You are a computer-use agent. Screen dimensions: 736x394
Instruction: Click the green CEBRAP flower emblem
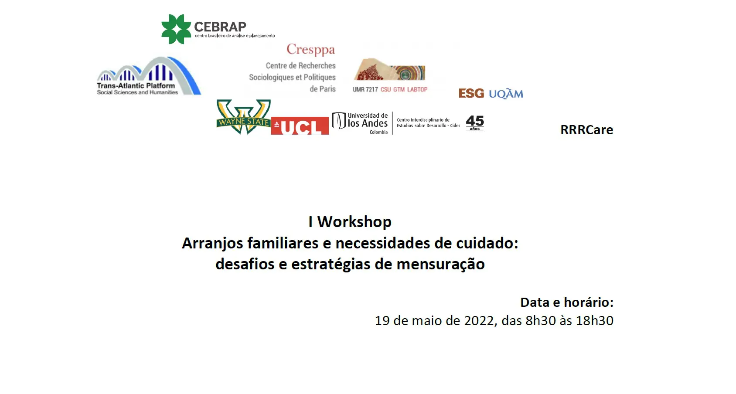coord(176,29)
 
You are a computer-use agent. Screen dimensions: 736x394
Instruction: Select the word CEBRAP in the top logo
coord(220,27)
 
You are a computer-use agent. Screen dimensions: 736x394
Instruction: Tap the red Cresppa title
coord(310,50)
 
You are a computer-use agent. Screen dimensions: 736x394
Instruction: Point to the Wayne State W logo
coord(243,117)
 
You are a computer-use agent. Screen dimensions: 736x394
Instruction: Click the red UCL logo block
coord(300,126)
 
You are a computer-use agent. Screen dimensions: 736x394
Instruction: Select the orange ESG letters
coord(471,93)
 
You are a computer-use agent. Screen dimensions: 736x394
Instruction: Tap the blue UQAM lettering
coord(506,94)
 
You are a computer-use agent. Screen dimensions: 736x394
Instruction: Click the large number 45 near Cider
coord(475,121)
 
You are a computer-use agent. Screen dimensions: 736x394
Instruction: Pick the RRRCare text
coord(587,130)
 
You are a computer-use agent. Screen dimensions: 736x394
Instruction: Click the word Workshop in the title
coord(354,222)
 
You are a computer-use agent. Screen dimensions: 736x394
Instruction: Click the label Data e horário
coord(567,302)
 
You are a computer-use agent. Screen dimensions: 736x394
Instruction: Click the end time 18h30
coord(595,321)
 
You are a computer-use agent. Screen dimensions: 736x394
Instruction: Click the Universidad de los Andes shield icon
coord(339,120)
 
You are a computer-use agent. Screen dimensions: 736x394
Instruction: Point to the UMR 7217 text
coord(365,90)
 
